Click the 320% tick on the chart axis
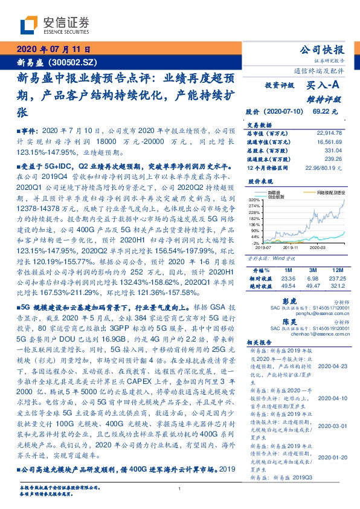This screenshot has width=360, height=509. click(x=254, y=199)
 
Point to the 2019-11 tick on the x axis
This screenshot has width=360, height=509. click(x=289, y=247)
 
